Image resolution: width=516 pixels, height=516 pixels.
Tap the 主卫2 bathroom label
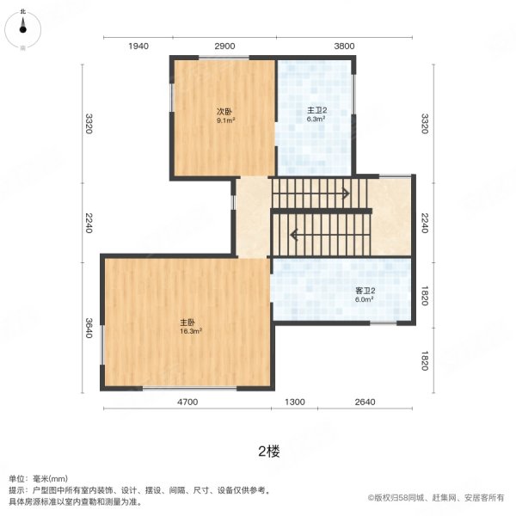point(316,111)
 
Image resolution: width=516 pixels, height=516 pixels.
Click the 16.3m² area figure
point(190,330)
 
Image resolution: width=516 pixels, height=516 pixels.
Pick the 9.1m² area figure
point(225,120)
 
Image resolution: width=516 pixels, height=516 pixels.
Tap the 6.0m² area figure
point(365,300)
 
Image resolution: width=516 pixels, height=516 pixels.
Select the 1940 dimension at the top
point(138,46)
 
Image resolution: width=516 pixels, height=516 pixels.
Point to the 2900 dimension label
point(224,46)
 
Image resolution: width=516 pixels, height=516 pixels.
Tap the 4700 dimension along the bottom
point(188,402)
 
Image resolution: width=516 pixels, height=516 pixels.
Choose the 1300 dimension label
point(295,402)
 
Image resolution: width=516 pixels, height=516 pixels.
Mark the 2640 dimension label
point(365,402)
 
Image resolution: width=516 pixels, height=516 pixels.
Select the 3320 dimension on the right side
point(422,124)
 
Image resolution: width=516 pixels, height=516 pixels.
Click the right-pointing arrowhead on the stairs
point(346,193)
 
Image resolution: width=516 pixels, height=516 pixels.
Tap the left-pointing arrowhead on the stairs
point(294,233)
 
